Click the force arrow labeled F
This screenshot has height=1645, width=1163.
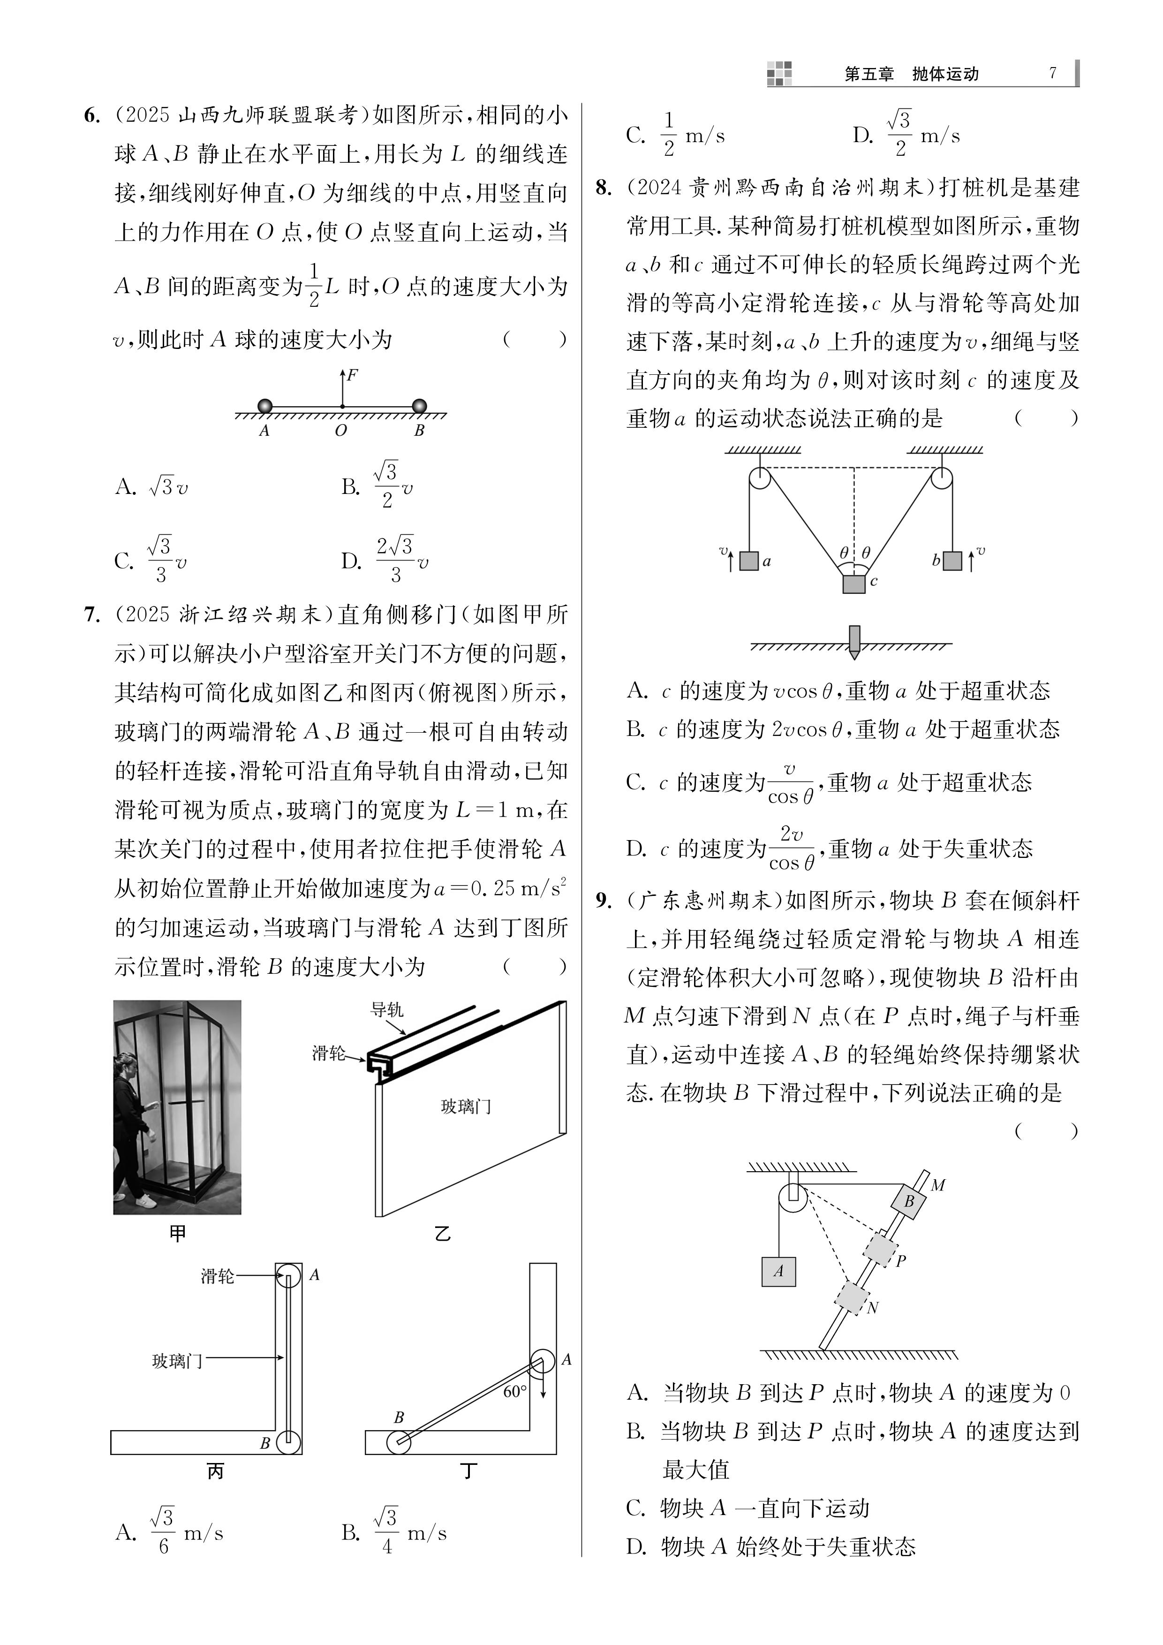pyautogui.click(x=343, y=387)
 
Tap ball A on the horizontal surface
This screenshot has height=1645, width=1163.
pyautogui.click(x=265, y=406)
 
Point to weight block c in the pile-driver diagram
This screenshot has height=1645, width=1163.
pyautogui.click(x=853, y=584)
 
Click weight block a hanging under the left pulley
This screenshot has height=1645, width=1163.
pyautogui.click(x=749, y=560)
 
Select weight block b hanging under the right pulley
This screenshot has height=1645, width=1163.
pyautogui.click(x=952, y=560)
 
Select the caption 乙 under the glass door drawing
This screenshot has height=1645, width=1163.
pyautogui.click(x=443, y=1235)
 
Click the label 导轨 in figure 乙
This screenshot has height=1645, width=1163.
pyautogui.click(x=387, y=1010)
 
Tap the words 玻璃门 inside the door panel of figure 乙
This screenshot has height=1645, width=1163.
pyautogui.click(x=466, y=1107)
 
